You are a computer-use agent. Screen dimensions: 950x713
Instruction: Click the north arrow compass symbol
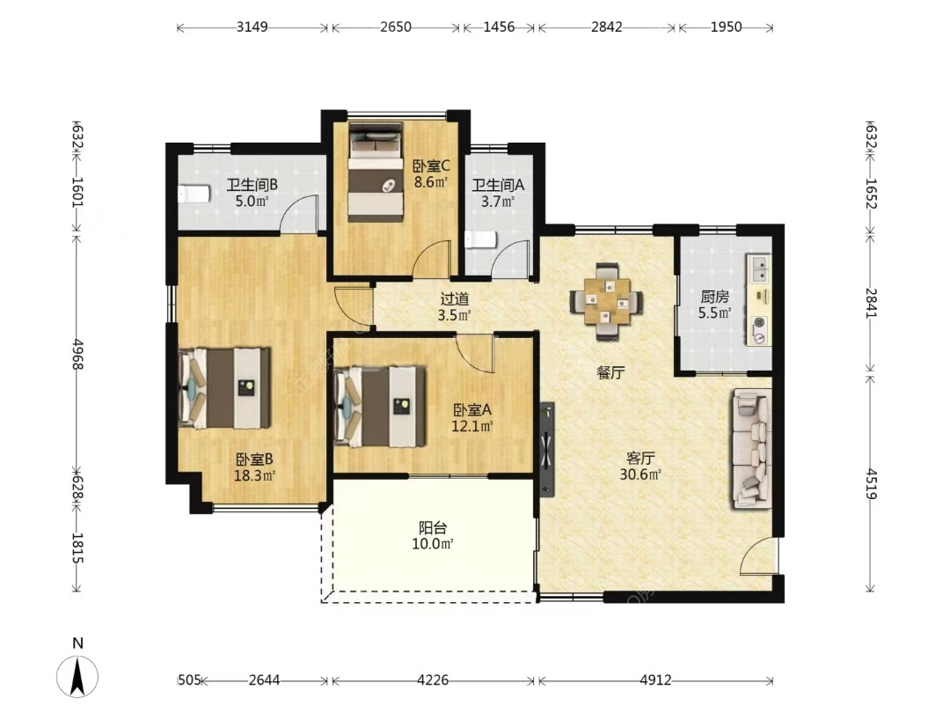[x=77, y=676]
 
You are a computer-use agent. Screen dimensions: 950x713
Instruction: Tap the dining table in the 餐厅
[x=607, y=300]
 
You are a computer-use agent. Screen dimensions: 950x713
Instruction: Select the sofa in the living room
[x=751, y=449]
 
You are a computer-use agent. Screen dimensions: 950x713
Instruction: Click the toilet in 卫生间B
[x=194, y=194]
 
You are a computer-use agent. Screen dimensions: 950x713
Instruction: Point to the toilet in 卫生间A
[x=480, y=239]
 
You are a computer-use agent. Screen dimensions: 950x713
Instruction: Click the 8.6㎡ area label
[x=431, y=181]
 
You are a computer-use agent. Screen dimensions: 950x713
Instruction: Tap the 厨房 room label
[x=715, y=297]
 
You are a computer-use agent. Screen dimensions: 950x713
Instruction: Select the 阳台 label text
[x=433, y=528]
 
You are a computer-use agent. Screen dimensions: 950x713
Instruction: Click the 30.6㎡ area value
[x=639, y=474]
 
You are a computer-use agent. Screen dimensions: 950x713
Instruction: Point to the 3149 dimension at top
[x=252, y=26]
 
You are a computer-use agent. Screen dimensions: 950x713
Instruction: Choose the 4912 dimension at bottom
[x=655, y=680]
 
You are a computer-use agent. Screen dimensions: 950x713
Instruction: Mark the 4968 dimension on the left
[x=77, y=354]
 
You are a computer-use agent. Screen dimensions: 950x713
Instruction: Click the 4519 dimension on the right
[x=871, y=483]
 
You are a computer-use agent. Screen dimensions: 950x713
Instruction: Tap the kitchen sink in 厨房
[x=758, y=268]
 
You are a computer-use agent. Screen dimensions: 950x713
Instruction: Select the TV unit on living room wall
[x=546, y=450]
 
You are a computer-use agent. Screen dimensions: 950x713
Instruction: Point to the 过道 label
[x=455, y=299]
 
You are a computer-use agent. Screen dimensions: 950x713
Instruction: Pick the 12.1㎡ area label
[x=472, y=426]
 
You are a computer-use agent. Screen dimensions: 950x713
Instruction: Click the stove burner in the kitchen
[x=759, y=329]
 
